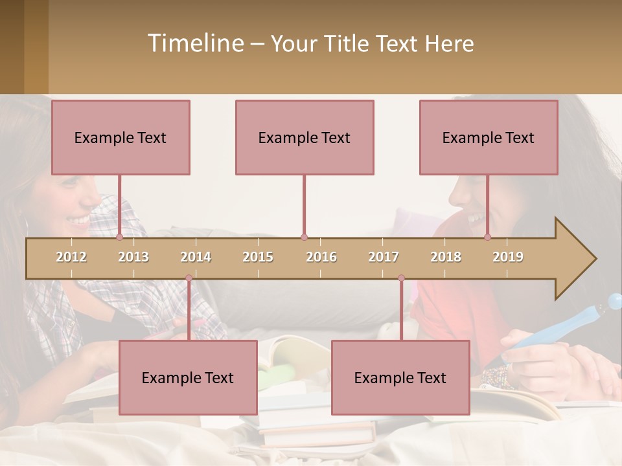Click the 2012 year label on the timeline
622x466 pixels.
point(71,257)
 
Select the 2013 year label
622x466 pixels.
point(133,257)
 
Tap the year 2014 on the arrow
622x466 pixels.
point(196,257)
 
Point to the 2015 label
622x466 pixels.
point(258,257)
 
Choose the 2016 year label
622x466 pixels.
point(321,257)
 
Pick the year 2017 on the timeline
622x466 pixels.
point(384,257)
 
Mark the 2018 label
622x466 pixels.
point(446,257)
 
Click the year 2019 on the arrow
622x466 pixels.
point(508,257)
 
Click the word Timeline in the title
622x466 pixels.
point(194,43)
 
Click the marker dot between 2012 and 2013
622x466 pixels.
point(119,238)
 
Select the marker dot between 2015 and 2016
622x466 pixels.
point(304,238)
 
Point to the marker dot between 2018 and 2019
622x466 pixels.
point(487,238)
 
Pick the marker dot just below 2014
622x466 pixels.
point(189,278)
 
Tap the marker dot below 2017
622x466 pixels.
point(401,278)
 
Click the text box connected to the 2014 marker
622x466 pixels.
point(188,377)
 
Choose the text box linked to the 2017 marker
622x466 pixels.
point(400,377)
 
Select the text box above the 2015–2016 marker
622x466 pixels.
point(305,137)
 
